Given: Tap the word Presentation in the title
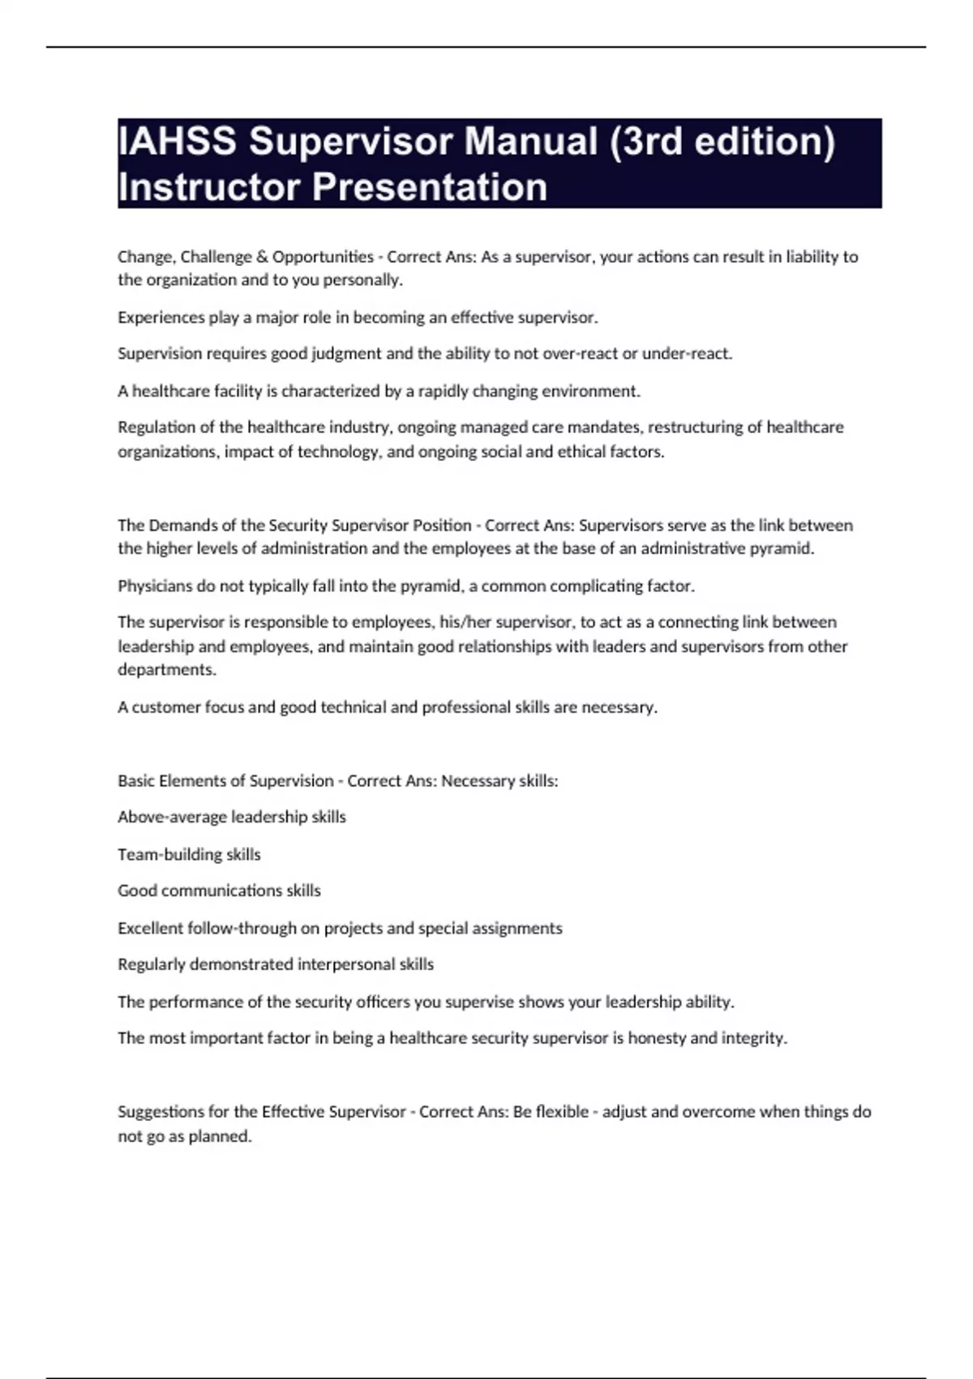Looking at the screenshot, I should point(430,187).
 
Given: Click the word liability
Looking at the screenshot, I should point(812,257).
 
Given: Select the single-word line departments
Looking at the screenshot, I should point(166,670).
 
